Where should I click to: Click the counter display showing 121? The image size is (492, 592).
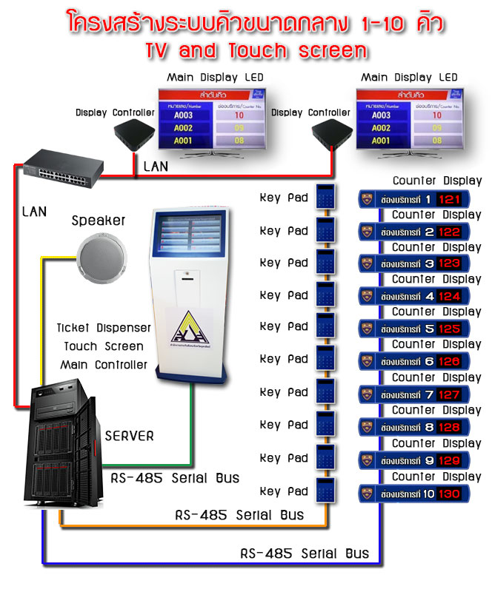pyautogui.click(x=410, y=199)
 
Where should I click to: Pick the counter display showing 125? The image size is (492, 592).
pyautogui.click(x=410, y=328)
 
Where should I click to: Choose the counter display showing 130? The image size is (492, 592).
pyautogui.click(x=410, y=493)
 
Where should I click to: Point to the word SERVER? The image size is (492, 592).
pyautogui.click(x=129, y=436)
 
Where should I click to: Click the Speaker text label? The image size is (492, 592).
pyautogui.click(x=99, y=221)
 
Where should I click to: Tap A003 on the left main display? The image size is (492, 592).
pyautogui.click(x=183, y=115)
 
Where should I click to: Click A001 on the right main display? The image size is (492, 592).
pyautogui.click(x=380, y=141)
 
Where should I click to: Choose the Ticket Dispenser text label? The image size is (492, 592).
pyautogui.click(x=104, y=327)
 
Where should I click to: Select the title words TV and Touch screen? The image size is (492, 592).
pyautogui.click(x=246, y=50)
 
